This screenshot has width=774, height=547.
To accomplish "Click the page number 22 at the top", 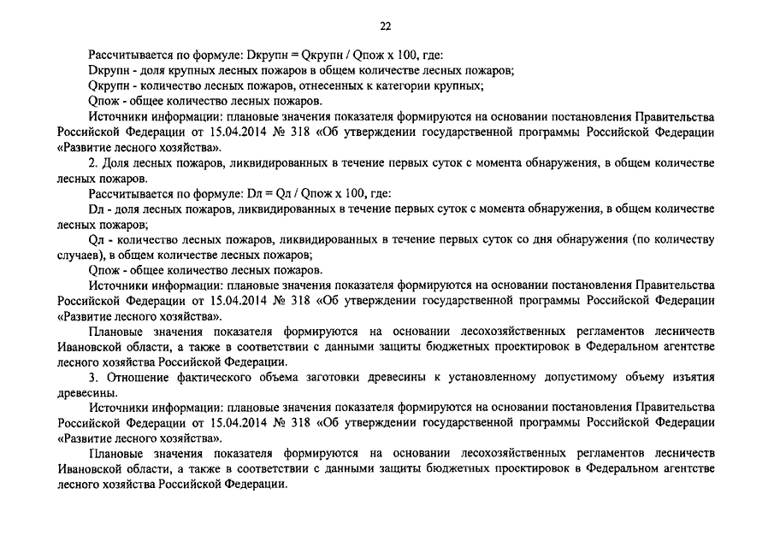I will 385,26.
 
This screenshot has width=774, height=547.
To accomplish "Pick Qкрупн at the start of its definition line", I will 107,85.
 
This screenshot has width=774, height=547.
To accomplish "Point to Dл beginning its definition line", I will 95,209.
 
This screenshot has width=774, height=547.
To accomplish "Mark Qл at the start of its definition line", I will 95,239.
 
